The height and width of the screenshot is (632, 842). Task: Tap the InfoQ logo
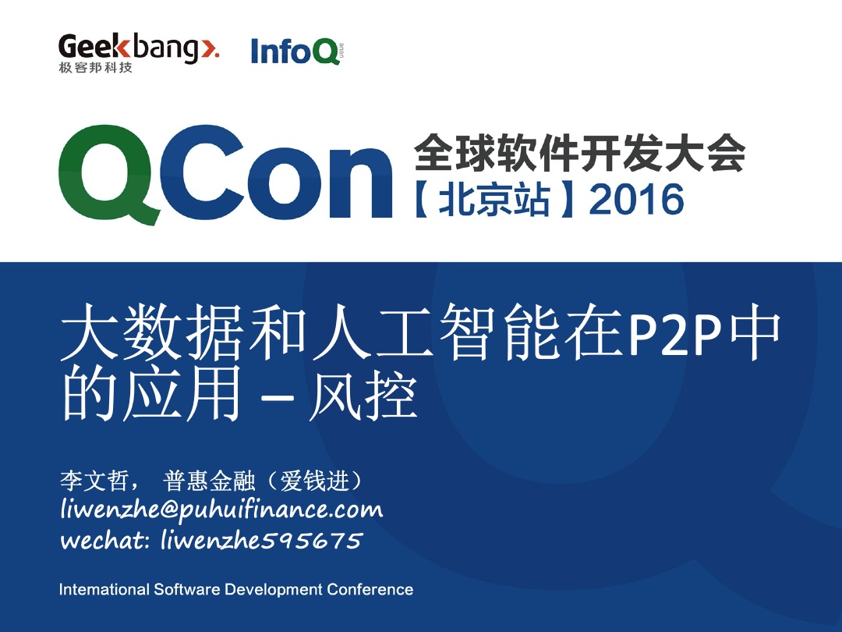pos(297,51)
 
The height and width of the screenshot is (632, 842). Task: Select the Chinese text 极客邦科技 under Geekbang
pos(96,68)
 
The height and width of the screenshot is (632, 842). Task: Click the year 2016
pos(637,200)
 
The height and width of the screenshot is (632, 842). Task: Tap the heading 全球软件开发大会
pos(580,151)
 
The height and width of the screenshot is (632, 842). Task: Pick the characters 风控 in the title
pos(363,396)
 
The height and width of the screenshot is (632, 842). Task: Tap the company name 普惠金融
pos(209,480)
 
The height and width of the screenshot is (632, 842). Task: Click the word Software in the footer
pos(187,590)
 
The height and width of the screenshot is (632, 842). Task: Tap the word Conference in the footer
pos(370,590)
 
